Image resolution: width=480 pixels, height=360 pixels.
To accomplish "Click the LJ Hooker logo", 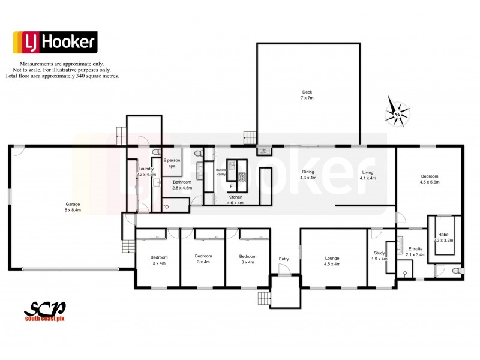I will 55,42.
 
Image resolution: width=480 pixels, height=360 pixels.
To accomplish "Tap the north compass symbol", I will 398,112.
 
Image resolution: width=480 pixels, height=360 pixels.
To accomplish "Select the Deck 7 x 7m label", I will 307,95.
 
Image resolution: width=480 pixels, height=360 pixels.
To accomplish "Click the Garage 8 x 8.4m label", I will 73,208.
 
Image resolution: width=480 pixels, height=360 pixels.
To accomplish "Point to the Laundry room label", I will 146,172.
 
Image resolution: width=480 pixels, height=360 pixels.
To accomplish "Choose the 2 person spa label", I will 172,163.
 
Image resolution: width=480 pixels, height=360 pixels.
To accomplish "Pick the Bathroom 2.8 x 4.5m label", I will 182,185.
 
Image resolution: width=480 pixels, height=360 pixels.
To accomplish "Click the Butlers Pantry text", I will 220,173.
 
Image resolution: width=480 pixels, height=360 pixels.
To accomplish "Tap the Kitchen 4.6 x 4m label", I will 236,200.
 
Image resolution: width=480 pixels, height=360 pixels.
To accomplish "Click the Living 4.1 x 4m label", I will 368,175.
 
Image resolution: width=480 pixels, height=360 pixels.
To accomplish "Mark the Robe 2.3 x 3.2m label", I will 443,237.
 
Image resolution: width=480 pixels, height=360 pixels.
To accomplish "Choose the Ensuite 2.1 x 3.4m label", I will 416,251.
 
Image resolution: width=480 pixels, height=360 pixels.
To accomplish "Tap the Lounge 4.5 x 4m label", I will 332,261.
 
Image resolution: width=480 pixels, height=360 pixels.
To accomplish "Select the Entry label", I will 283,259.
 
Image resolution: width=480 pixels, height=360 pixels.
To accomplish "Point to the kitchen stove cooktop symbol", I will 242,177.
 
